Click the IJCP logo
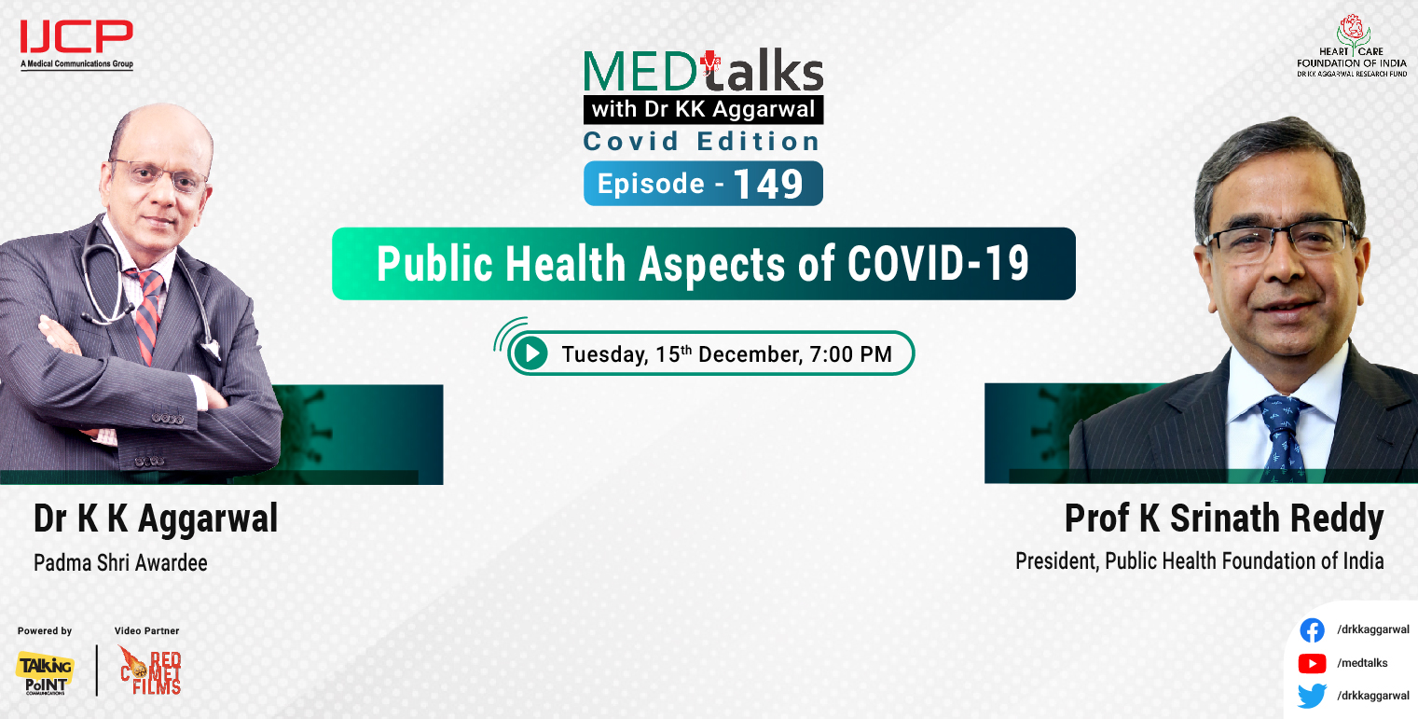[x=76, y=42]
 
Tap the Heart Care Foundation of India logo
[x=1351, y=45]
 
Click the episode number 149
[x=767, y=184]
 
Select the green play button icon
[x=530, y=353]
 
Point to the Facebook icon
[x=1312, y=630]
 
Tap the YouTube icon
[x=1312, y=663]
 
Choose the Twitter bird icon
[x=1312, y=696]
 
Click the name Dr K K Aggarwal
[x=156, y=519]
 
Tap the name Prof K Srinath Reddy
[x=1224, y=519]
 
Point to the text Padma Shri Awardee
[x=120, y=563]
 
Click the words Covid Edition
[x=702, y=142]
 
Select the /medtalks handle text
[x=1361, y=663]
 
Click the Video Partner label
[x=146, y=631]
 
